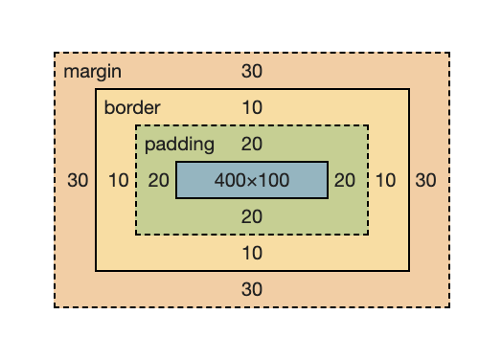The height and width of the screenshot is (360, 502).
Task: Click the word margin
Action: [92, 72]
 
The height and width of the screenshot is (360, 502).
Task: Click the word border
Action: [132, 107]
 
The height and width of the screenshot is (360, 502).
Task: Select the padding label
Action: [179, 145]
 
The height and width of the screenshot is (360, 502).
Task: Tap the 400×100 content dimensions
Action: [252, 180]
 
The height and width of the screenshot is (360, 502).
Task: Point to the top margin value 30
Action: [252, 72]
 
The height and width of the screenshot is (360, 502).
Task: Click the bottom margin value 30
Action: [252, 289]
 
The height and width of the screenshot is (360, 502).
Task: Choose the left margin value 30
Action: [79, 180]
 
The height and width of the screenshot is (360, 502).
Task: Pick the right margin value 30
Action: [425, 180]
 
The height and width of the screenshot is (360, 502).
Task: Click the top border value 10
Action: [252, 107]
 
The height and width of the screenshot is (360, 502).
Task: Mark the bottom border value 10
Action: [252, 253]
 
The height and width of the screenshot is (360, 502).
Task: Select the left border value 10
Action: [119, 180]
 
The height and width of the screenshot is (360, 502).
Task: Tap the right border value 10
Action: [385, 180]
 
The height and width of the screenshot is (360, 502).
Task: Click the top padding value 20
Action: [252, 145]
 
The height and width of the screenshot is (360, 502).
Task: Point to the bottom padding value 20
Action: [252, 216]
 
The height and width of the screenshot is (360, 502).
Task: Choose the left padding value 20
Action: [159, 180]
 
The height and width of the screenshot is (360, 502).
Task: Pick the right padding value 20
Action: [345, 180]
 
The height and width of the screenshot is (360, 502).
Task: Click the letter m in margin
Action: [70, 73]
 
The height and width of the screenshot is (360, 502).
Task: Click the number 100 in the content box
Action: [274, 180]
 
